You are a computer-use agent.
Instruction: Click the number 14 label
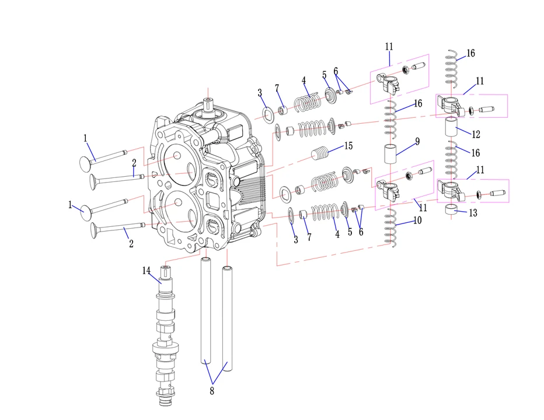pyautogui.click(x=146, y=270)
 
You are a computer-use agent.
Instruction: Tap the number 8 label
pyautogui.click(x=212, y=391)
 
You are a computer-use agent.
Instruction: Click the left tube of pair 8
pyautogui.click(x=207, y=315)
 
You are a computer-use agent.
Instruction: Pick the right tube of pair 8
pyautogui.click(x=226, y=318)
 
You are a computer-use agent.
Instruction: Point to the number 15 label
pyautogui.click(x=348, y=145)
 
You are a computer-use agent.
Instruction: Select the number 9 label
pyautogui.click(x=417, y=141)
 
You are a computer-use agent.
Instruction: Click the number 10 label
pyautogui.click(x=417, y=220)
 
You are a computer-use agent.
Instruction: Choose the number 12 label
pyautogui.click(x=476, y=134)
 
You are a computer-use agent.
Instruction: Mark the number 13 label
pyautogui.click(x=473, y=213)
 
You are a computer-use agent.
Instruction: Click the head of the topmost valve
pyautogui.click(x=86, y=164)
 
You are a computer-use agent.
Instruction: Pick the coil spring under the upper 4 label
pyautogui.click(x=307, y=103)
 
